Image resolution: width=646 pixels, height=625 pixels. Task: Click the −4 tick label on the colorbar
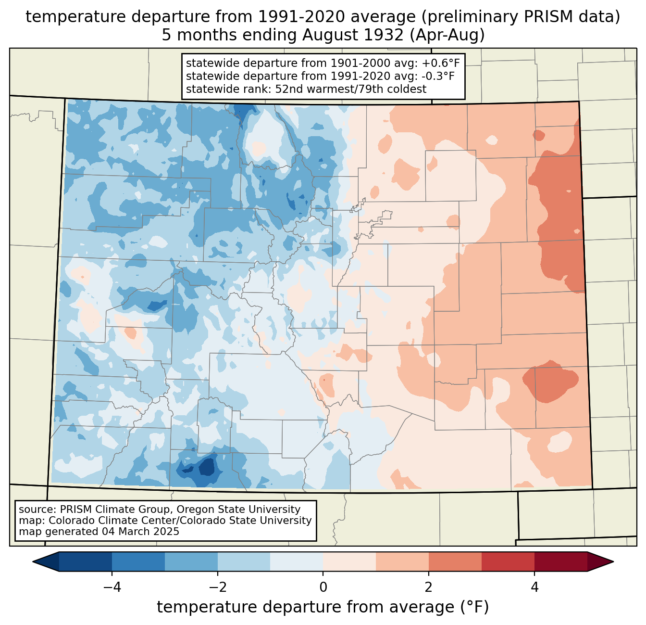tap(108, 587)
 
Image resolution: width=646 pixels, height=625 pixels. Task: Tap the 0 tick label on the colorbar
tap(323, 587)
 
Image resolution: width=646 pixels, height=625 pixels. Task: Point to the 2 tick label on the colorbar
tap(429, 587)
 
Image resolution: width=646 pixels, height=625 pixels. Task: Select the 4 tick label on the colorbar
tap(534, 587)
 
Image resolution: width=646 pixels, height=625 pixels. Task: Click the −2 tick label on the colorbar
tap(214, 587)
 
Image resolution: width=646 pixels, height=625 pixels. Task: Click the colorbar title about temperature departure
tap(323, 607)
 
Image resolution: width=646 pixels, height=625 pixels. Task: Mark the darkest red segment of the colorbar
tap(560, 561)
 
